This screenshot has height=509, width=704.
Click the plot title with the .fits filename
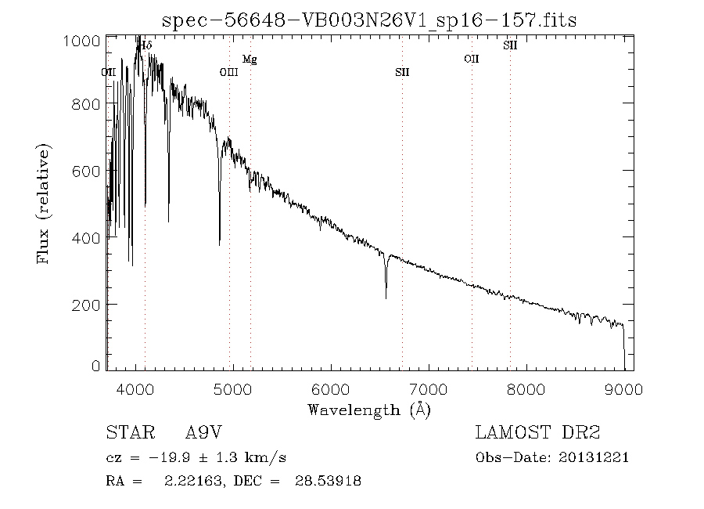click(369, 20)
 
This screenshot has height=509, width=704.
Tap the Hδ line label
click(146, 45)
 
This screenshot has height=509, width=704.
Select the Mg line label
click(250, 60)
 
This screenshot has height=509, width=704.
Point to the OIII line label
click(229, 72)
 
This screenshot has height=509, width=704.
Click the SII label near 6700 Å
click(402, 72)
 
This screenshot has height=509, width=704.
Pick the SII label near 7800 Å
click(510, 45)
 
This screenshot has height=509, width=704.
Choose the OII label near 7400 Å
click(472, 59)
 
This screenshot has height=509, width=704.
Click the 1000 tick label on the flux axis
click(81, 41)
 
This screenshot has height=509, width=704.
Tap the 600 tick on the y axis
click(86, 171)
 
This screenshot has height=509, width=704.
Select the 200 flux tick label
click(86, 305)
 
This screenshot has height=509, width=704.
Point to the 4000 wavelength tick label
click(135, 389)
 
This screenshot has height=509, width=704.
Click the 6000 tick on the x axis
click(331, 389)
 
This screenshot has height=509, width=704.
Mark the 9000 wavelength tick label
click(623, 389)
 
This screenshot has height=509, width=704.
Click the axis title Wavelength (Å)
click(369, 410)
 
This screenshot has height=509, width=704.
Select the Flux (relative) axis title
click(43, 204)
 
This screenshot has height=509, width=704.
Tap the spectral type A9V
click(203, 432)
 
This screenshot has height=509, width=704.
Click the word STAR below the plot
click(131, 432)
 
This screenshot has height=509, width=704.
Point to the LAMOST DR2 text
click(537, 432)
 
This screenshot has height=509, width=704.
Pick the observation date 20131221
click(594, 458)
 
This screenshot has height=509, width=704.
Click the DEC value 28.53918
click(329, 481)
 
